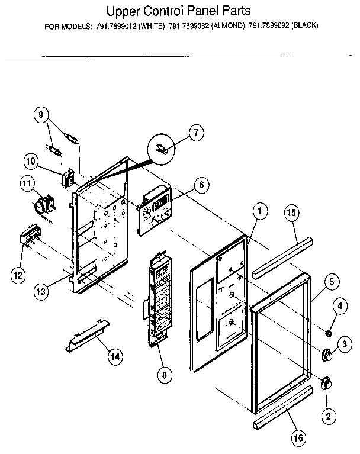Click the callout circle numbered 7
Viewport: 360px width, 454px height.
196,133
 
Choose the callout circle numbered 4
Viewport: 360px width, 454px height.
339,306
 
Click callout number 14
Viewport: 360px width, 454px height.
115,356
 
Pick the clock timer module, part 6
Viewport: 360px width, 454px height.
155,211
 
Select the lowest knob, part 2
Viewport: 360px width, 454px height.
325,384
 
